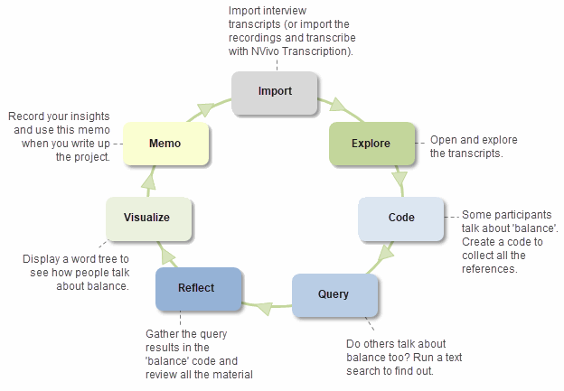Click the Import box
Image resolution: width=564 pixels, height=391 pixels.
coord(275,92)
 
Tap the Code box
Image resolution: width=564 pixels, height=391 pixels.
coord(400,218)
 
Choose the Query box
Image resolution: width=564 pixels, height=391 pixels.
coord(334,294)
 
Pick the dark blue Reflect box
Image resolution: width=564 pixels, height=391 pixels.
coord(199,288)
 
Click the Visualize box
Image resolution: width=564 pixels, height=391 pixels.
coord(149,218)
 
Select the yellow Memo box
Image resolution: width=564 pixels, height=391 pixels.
coord(165,144)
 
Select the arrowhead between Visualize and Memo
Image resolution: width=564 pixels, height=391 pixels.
coord(149,180)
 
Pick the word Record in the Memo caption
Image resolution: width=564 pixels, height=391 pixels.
coord(26,116)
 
